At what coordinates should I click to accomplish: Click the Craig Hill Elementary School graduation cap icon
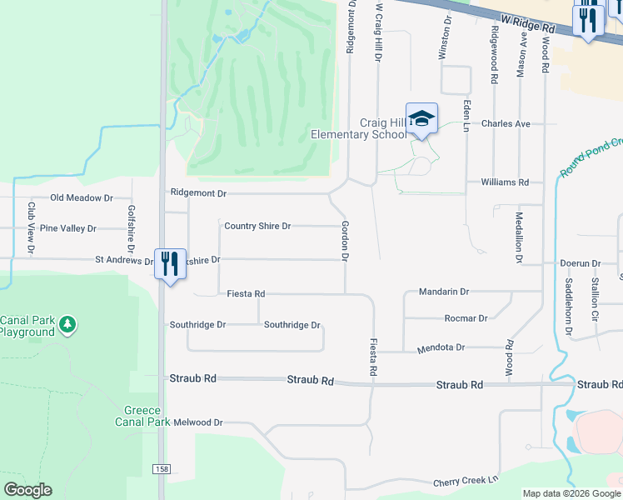(x=421, y=118)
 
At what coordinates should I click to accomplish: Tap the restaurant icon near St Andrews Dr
(x=170, y=264)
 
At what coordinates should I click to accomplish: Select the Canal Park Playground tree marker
(x=69, y=323)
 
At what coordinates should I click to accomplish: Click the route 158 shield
(x=160, y=470)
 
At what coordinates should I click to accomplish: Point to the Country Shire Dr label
(x=257, y=226)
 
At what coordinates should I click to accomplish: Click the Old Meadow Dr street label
(x=82, y=197)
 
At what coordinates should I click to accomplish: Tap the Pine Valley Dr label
(x=68, y=228)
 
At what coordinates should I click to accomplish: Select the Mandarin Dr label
(x=444, y=292)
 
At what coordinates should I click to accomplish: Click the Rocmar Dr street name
(x=466, y=318)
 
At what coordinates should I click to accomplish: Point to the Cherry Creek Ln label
(x=466, y=482)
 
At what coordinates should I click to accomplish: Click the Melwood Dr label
(x=197, y=422)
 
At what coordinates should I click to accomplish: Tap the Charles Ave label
(x=506, y=123)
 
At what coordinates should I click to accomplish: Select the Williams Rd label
(x=505, y=182)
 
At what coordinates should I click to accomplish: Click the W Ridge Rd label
(x=528, y=22)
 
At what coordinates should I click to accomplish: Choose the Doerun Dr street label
(x=580, y=263)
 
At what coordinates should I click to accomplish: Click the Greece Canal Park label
(x=147, y=416)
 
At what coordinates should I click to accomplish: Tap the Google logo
(x=28, y=490)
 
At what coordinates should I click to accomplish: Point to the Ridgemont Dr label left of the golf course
(x=198, y=193)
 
